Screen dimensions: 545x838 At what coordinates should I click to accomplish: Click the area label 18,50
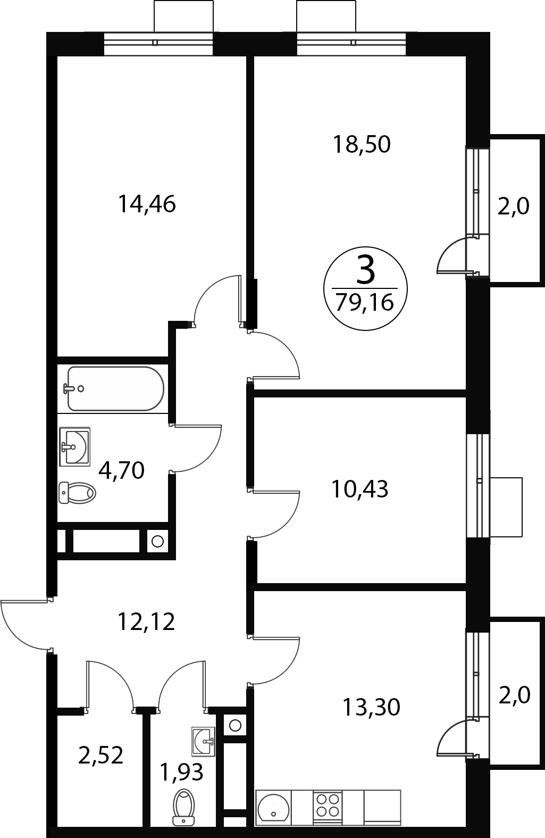[x=362, y=144]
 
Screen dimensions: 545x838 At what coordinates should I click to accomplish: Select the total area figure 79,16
[x=365, y=302]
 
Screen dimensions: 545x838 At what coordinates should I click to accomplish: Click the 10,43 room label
[x=360, y=489]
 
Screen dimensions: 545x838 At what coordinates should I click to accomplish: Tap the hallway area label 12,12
[x=146, y=621]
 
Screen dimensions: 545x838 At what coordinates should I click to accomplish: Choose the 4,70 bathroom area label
[x=121, y=470]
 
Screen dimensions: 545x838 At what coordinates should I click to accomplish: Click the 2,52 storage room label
[x=100, y=755]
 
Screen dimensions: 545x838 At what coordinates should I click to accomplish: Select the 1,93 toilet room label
[x=181, y=772]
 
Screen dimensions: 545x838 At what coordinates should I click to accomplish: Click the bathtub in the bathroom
[x=115, y=388]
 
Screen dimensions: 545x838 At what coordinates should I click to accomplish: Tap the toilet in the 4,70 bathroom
[x=77, y=493]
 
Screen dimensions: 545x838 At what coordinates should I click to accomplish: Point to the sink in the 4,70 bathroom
[x=75, y=446]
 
